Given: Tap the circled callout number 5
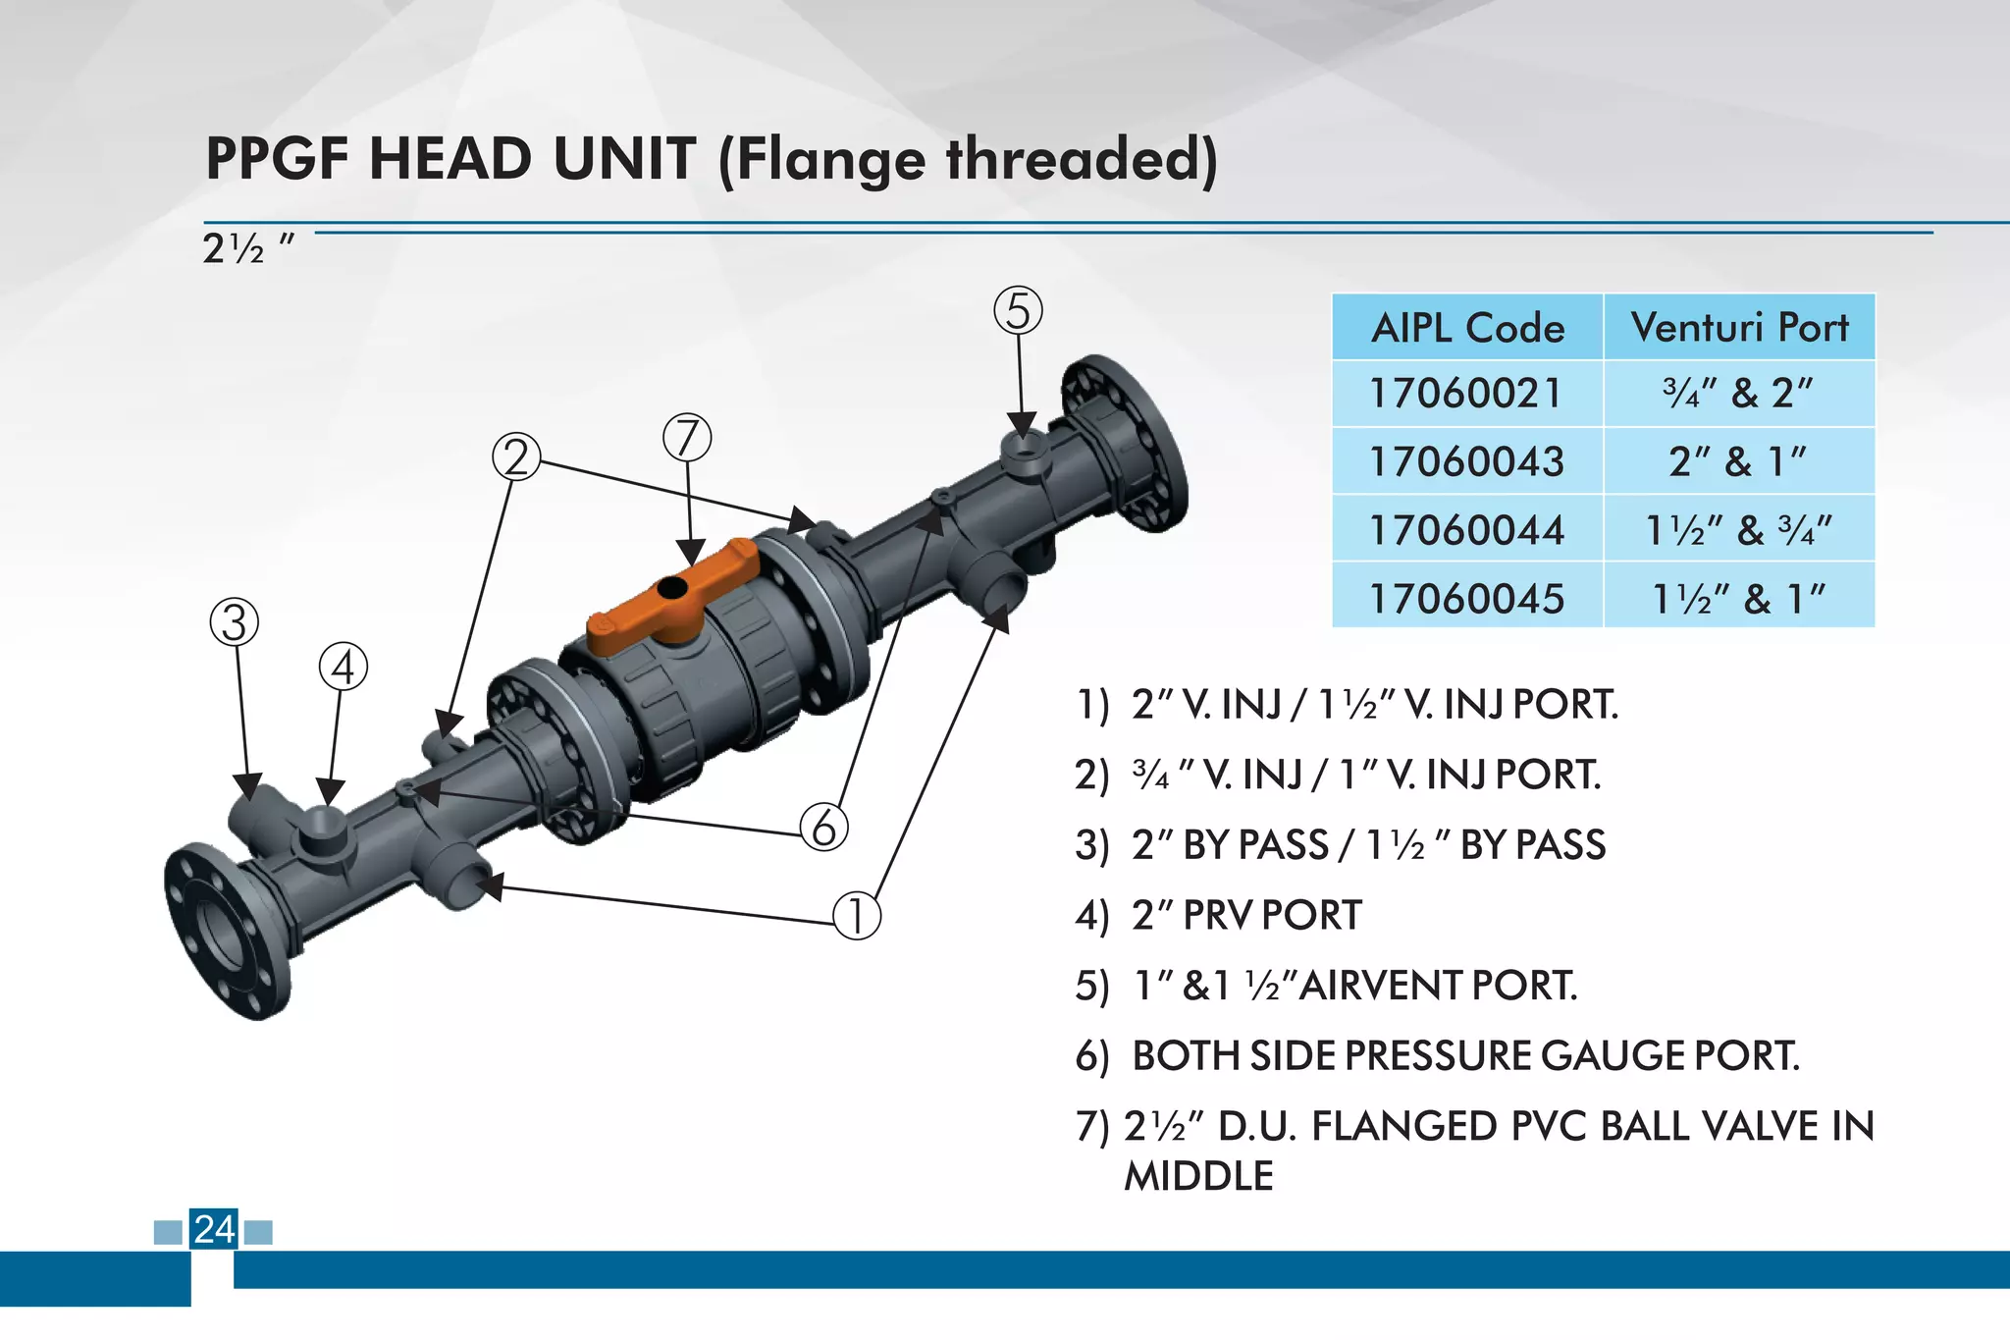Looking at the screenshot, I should (1018, 311).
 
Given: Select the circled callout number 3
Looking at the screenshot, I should (235, 622).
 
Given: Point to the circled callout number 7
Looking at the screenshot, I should (687, 438).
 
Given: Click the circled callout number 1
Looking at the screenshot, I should (857, 915).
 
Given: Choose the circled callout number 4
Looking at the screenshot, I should (344, 668).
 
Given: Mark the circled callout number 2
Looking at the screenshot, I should (516, 457).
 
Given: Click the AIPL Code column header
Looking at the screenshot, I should (1467, 328).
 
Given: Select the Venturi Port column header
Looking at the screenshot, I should (1739, 328).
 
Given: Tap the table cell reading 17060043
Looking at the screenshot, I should (1467, 461).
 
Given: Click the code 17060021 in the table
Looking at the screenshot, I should (1465, 394).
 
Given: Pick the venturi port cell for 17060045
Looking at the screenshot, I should (1739, 598).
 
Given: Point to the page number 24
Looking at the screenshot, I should (214, 1229).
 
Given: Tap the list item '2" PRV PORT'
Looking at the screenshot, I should (1246, 915).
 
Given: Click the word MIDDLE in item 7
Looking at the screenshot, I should (1198, 1176).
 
